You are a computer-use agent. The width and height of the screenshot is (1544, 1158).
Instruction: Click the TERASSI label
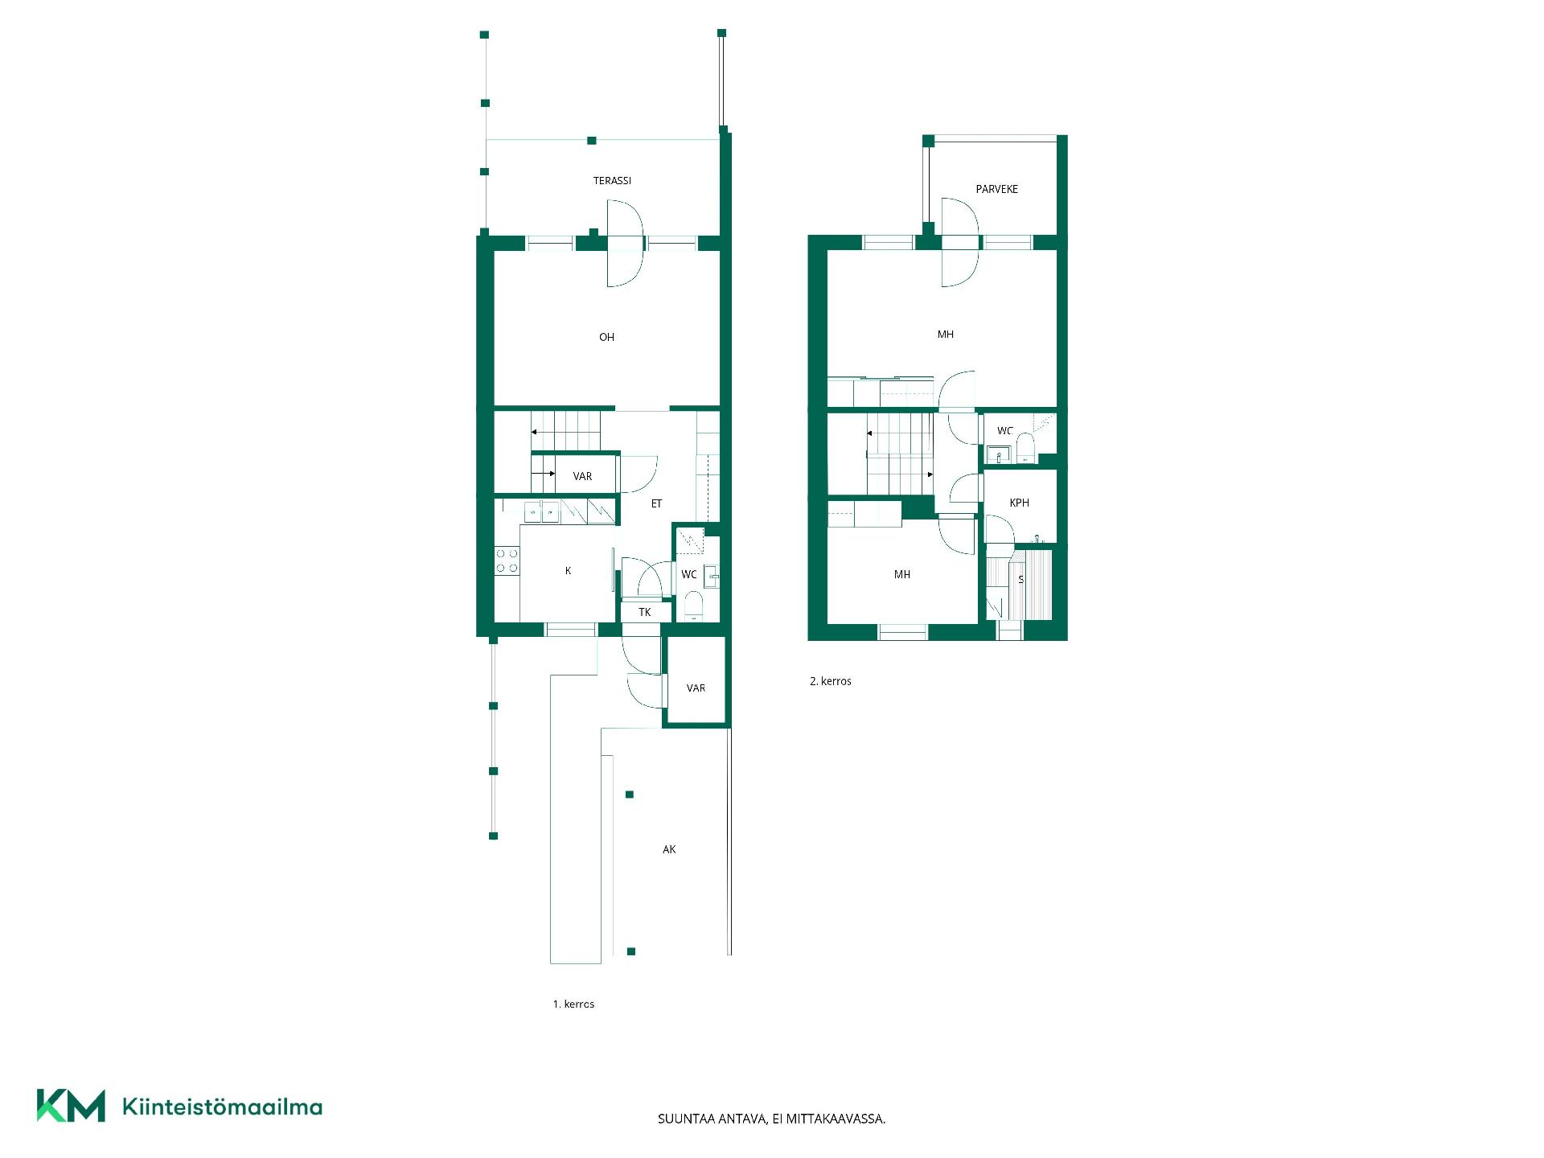[612, 181]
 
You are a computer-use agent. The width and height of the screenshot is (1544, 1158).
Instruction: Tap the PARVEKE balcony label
[996, 189]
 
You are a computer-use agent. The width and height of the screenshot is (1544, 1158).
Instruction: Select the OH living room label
[606, 337]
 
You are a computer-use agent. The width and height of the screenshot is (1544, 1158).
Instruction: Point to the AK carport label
[669, 849]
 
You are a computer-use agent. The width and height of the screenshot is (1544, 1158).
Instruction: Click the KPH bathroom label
[1019, 503]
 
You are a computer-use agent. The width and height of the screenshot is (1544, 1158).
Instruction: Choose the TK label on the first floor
[645, 613]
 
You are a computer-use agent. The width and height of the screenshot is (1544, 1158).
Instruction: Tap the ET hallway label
[656, 503]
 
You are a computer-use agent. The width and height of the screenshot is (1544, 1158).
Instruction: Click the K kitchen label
[568, 571]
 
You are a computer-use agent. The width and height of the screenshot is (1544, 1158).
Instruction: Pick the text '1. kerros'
[573, 1004]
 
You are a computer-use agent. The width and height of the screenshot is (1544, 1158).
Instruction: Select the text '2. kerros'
[831, 681]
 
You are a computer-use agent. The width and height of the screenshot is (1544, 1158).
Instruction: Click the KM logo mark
[71, 1106]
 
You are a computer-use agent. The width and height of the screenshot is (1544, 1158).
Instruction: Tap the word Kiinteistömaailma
[222, 1107]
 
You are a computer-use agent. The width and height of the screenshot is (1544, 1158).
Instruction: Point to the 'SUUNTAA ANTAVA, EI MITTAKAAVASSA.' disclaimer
[772, 1119]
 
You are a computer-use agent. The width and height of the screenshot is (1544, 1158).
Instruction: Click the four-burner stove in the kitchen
[507, 561]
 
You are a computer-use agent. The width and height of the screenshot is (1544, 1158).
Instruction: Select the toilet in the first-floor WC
[693, 606]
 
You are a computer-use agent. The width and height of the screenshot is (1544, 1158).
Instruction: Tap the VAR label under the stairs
[582, 477]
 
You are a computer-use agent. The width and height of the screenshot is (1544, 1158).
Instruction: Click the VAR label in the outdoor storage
[696, 688]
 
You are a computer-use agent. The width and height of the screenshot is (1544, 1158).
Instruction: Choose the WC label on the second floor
[1005, 431]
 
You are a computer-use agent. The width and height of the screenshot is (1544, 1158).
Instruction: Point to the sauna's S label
[1021, 580]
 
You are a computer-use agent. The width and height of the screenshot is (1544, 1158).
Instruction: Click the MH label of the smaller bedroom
[902, 574]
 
